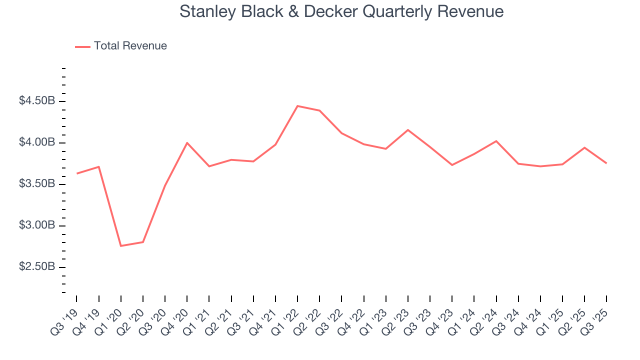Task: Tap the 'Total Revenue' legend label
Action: tap(130, 46)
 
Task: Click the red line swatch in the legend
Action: tap(82, 46)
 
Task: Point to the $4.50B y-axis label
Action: tap(37, 101)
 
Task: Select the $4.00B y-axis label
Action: tap(37, 142)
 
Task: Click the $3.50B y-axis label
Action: tap(37, 184)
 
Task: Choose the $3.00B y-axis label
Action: tap(37, 225)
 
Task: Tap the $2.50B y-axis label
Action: tap(37, 267)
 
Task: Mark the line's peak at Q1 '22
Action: tap(297, 106)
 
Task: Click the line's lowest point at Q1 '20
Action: tap(121, 246)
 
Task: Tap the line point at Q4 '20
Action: tap(187, 143)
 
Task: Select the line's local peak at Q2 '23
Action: tap(408, 130)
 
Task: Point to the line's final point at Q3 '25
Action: tap(606, 163)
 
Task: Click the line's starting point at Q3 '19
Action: tap(77, 173)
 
